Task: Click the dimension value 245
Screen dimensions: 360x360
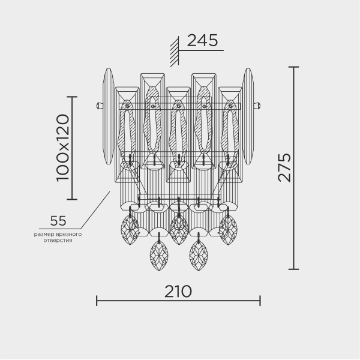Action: (202, 41)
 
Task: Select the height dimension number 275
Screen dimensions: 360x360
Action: (284, 167)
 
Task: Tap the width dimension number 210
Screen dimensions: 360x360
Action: (178, 292)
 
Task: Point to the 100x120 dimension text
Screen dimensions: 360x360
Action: (62, 148)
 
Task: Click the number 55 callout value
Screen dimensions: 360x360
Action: (58, 221)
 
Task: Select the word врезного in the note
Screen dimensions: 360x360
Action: (70, 235)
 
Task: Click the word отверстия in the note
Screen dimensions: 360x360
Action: (58, 241)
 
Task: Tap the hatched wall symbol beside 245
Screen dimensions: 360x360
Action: (175, 52)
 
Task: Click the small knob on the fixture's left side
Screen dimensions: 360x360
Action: (99, 106)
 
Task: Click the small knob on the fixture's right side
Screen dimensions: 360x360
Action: (257, 106)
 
